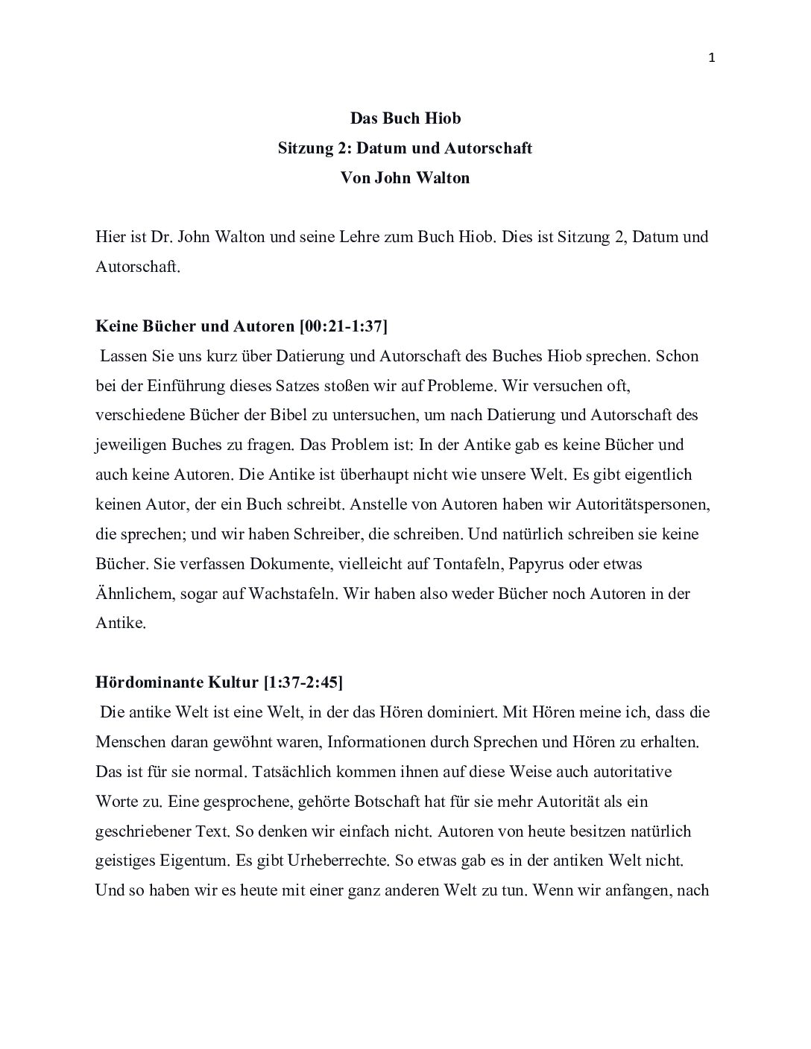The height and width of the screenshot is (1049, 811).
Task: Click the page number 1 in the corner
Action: (x=712, y=58)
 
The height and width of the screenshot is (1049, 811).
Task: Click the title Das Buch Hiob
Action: (x=405, y=118)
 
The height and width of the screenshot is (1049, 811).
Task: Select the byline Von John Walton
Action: (x=405, y=178)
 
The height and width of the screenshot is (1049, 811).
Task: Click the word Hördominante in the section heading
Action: (x=144, y=682)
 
